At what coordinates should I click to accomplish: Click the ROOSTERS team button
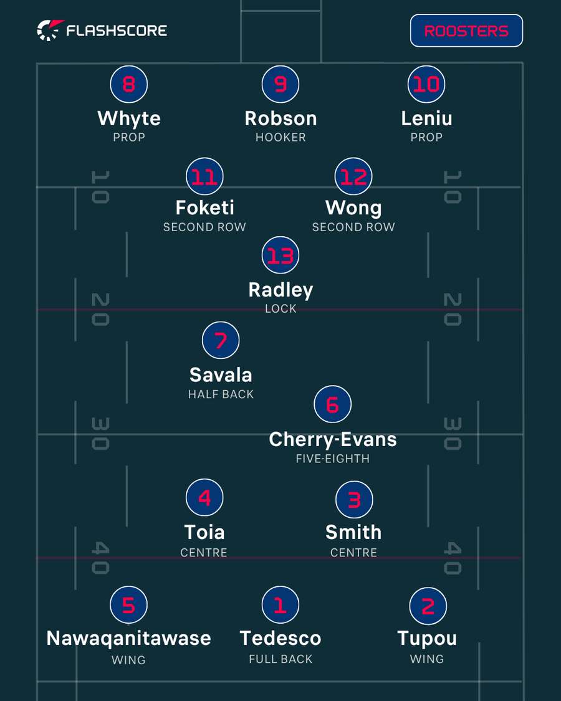(466, 31)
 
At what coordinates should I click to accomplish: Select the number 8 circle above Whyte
(129, 84)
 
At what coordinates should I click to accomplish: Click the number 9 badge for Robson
(280, 84)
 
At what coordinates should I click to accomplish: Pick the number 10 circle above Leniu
(426, 84)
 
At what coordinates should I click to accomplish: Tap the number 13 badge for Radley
(280, 255)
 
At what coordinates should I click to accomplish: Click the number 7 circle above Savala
(221, 340)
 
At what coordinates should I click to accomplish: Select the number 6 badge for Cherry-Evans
(332, 404)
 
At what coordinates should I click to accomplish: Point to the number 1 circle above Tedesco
(280, 605)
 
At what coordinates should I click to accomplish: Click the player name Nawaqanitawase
(129, 638)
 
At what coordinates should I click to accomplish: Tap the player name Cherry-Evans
(333, 439)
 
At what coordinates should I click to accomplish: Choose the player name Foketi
(205, 207)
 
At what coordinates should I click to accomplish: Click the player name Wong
(353, 208)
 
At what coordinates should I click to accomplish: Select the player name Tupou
(427, 639)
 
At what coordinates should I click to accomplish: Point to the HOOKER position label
(280, 137)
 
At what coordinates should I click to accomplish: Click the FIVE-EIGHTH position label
(333, 459)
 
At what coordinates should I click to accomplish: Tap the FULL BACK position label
(280, 659)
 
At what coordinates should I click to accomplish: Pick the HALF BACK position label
(221, 394)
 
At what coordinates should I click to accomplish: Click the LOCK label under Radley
(280, 308)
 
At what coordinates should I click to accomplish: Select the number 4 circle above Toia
(204, 498)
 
